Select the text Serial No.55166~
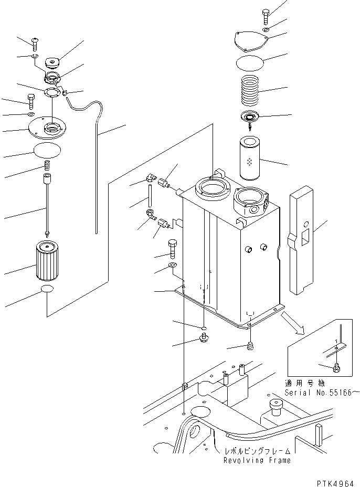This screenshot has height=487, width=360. point(321,392)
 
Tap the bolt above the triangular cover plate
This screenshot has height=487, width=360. point(266,16)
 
